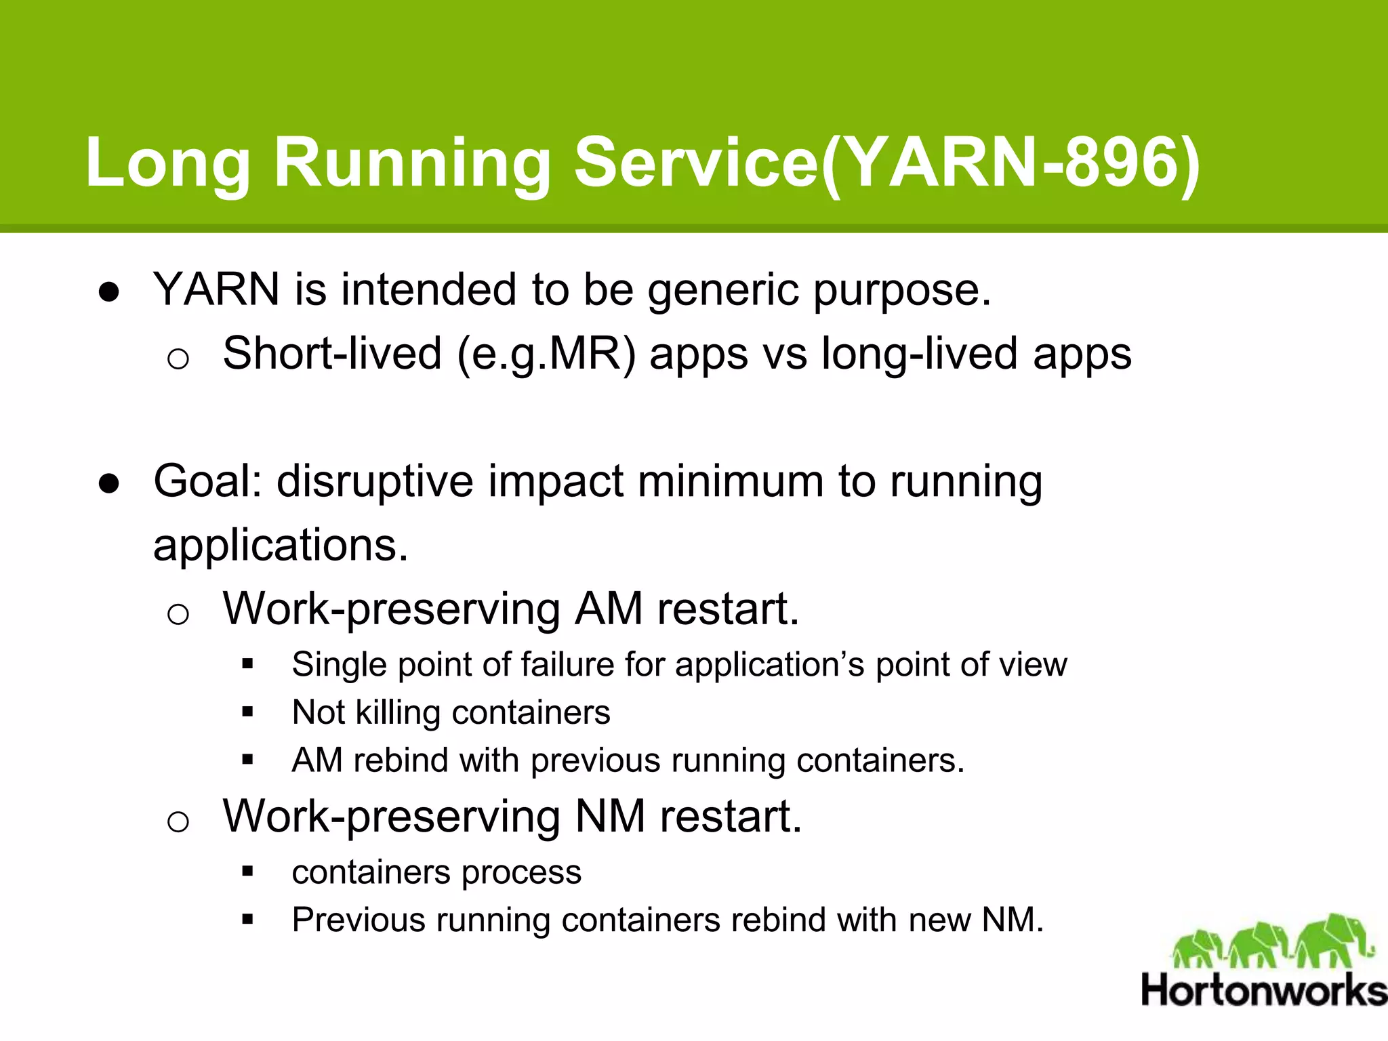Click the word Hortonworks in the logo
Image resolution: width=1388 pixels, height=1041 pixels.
1263,991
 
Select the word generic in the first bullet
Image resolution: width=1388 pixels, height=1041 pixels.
722,290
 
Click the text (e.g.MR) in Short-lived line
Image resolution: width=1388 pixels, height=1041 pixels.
546,354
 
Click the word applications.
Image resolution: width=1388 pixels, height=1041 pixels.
281,546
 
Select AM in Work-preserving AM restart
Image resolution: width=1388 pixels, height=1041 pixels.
609,609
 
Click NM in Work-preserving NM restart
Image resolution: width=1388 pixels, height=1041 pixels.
610,816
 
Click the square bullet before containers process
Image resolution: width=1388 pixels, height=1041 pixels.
247,872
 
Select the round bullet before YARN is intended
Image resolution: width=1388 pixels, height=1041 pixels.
109,292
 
